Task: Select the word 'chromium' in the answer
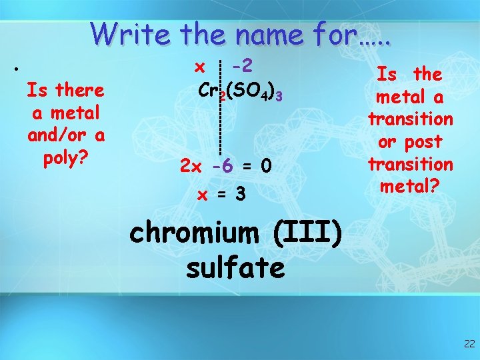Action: (x=193, y=235)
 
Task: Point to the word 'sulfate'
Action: (x=235, y=267)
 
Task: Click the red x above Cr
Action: (x=199, y=67)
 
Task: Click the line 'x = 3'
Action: (x=222, y=194)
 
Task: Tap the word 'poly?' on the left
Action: (x=65, y=159)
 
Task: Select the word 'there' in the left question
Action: (x=79, y=89)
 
